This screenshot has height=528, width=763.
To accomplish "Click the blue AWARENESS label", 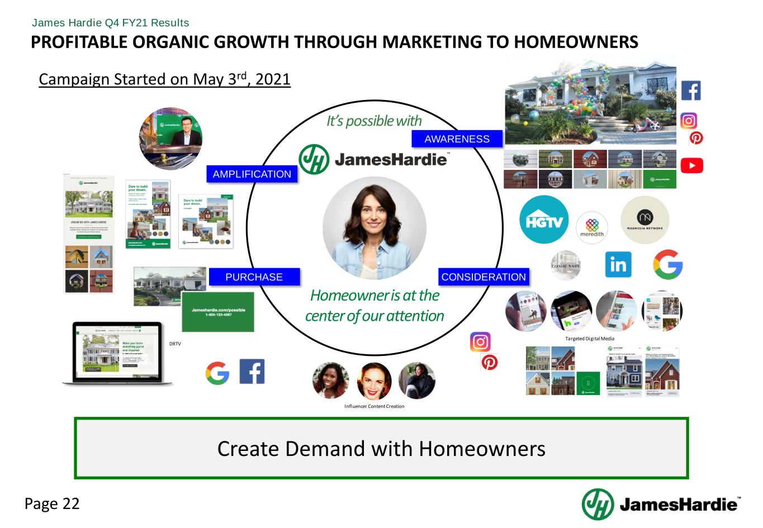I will point(457,139).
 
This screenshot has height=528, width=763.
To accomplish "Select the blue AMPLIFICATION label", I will point(252,174).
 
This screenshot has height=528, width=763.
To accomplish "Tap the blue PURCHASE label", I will point(254,277).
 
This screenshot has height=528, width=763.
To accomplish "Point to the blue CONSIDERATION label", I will point(484,277).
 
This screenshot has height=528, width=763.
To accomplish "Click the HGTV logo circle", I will point(543,220).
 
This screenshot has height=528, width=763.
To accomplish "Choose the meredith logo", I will point(591,227).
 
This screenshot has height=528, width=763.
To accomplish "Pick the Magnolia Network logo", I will point(644,220).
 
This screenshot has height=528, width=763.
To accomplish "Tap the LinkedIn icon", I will point(618,264).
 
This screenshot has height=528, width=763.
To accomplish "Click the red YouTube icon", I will point(691,166).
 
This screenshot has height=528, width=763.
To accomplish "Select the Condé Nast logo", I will point(566,265).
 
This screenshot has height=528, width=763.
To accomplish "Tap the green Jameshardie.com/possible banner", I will point(217,312).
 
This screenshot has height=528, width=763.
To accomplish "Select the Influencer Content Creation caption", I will point(374,406).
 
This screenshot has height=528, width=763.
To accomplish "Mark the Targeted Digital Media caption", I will point(589,339).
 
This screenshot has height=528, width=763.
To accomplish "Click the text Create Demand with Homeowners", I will point(381,448).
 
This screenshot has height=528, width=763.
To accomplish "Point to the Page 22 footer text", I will point(53,504).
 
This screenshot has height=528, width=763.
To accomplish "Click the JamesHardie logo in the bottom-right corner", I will point(660,504).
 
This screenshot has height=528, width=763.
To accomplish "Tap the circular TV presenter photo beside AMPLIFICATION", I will point(170,139).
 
